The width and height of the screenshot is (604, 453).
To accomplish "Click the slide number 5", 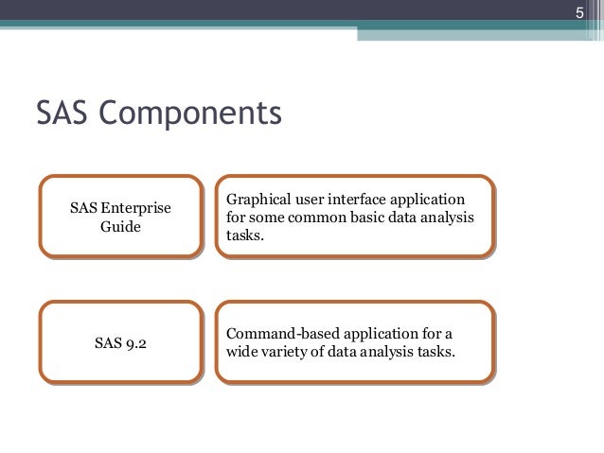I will click(582, 12).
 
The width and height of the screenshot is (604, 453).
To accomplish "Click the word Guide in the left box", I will click(121, 227).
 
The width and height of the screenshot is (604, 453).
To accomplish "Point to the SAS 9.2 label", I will click(121, 342).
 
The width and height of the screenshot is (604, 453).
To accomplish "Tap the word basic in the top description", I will click(368, 218).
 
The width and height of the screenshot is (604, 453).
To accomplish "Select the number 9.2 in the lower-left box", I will click(135, 342).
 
